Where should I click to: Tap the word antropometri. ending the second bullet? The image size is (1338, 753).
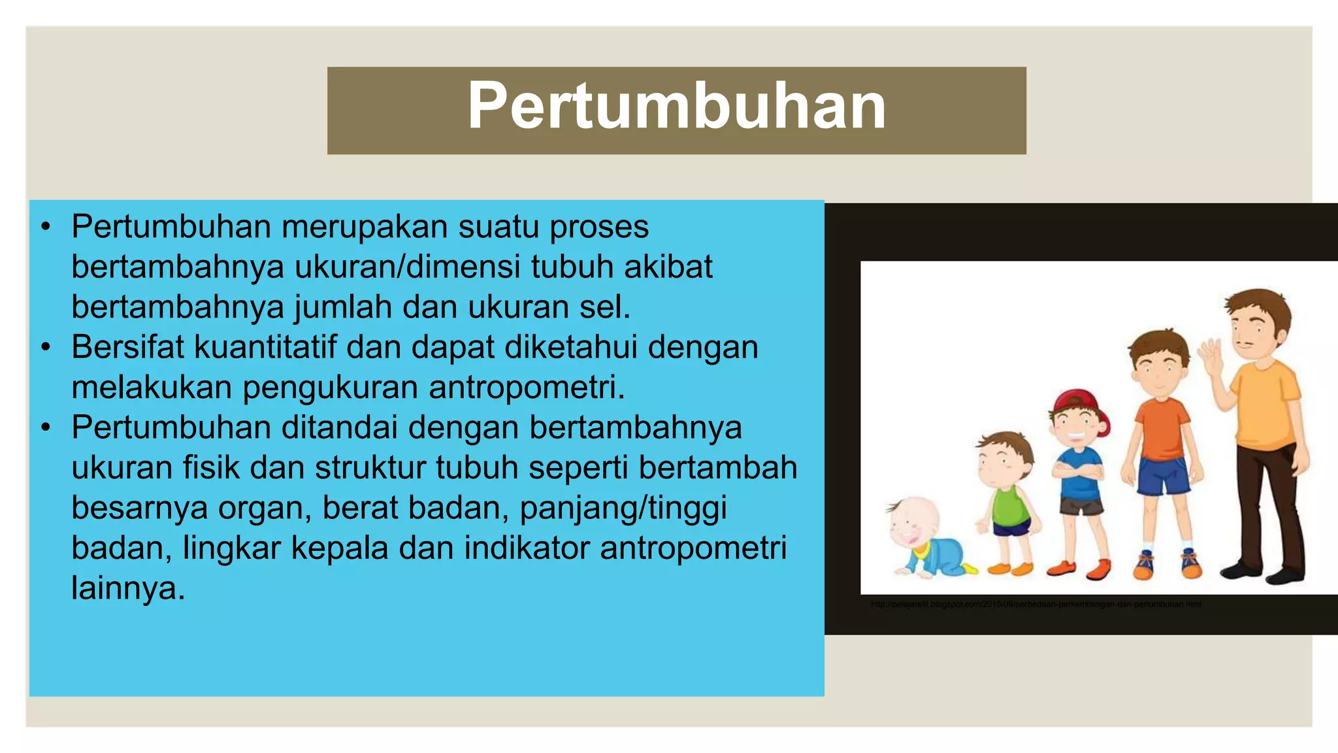527,388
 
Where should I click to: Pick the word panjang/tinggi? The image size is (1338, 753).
623,509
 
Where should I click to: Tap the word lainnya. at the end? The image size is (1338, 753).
129,588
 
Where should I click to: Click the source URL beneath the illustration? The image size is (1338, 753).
1036,605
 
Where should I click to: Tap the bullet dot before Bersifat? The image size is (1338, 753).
45,347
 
